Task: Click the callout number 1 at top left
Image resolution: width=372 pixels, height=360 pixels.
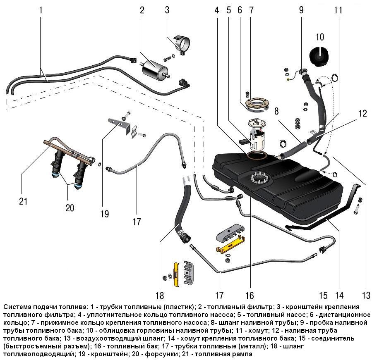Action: (x=41, y=10)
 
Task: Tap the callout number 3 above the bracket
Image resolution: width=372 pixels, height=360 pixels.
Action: (x=167, y=10)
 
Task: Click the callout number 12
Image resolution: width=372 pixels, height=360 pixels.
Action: (x=362, y=113)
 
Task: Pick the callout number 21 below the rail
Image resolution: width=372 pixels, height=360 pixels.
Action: (x=23, y=201)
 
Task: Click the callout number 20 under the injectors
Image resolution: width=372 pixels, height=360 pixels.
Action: (x=70, y=207)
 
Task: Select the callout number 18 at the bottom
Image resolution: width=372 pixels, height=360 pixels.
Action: (x=160, y=296)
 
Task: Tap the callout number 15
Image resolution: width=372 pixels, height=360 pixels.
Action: (x=323, y=296)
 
